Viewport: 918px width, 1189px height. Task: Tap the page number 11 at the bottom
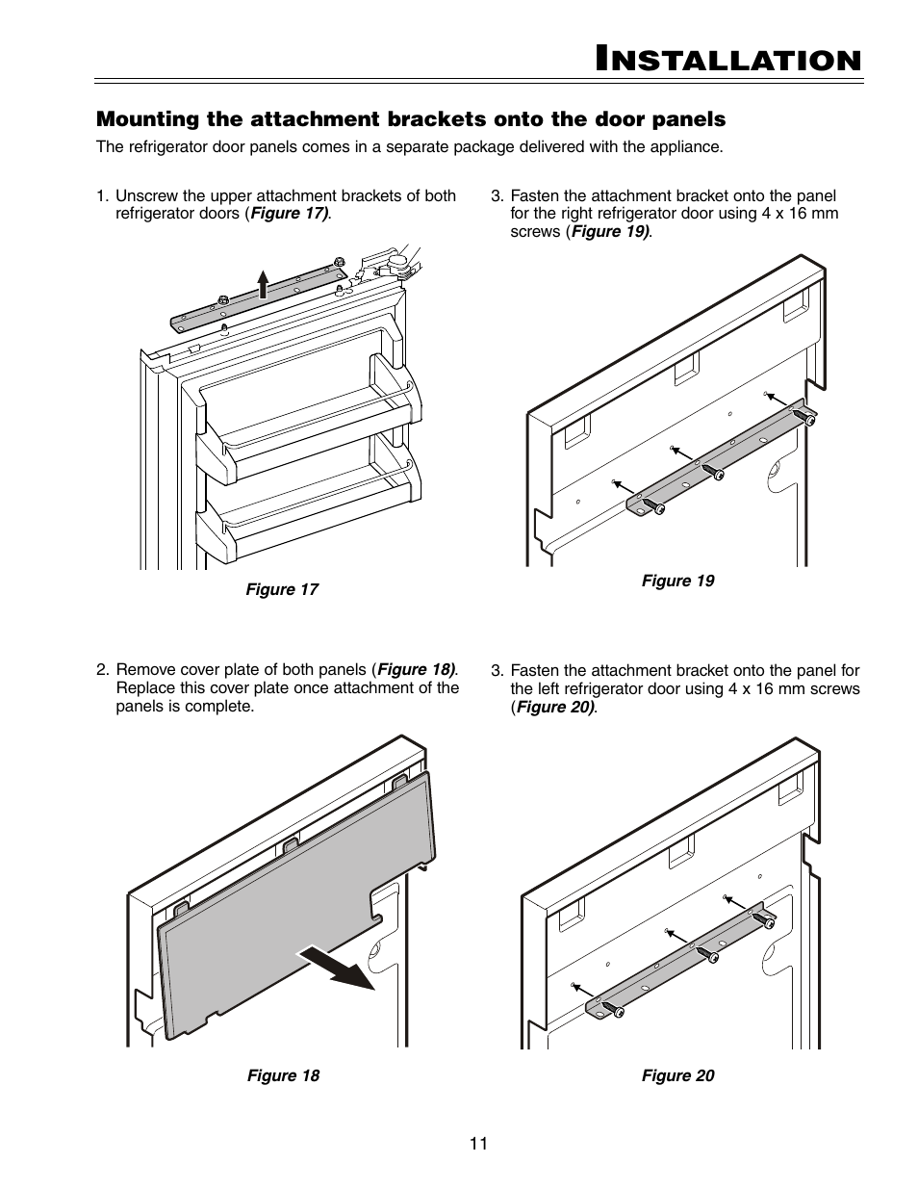[478, 1143]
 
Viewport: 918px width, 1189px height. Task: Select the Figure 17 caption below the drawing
[281, 589]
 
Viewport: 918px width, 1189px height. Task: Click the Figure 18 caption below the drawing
[283, 1075]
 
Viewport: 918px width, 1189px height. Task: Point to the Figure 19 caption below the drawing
[677, 581]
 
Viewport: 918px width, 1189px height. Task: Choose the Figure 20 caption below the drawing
[677, 1075]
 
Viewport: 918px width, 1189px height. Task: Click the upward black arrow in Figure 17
[263, 286]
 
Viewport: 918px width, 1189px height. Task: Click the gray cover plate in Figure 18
[289, 915]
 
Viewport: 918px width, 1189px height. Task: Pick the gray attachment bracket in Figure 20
[674, 958]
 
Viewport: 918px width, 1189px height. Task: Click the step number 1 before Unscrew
[100, 196]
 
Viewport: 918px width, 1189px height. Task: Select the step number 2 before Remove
[101, 670]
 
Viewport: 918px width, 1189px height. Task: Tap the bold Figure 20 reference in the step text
[555, 707]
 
